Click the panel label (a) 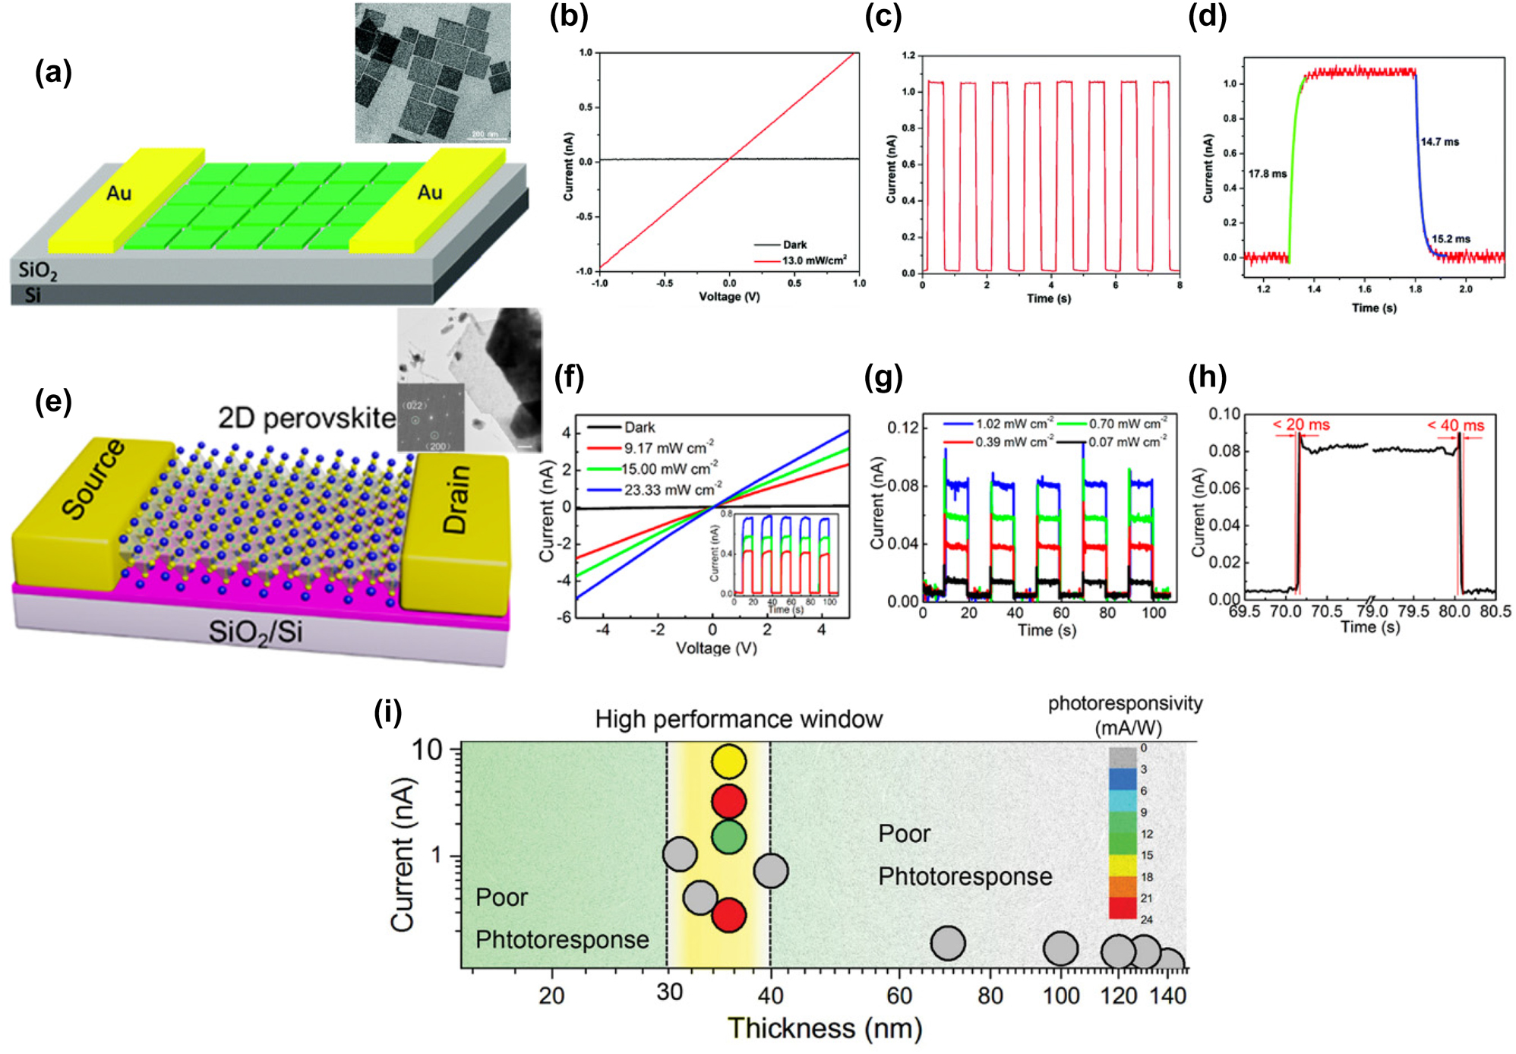click(53, 73)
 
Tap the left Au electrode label click(119, 194)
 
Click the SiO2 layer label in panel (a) click(38, 270)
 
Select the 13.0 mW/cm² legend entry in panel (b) click(813, 260)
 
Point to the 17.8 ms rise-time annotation click(1268, 174)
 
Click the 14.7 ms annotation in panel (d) click(1440, 142)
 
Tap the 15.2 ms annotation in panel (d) click(1451, 238)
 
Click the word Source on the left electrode click(93, 479)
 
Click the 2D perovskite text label click(307, 418)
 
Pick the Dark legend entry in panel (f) click(639, 428)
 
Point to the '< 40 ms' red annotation click(1455, 425)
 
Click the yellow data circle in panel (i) click(729, 762)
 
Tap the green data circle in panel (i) click(729, 836)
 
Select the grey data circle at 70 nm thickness click(948, 943)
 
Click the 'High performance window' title click(738, 719)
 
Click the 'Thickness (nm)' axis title click(825, 1028)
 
